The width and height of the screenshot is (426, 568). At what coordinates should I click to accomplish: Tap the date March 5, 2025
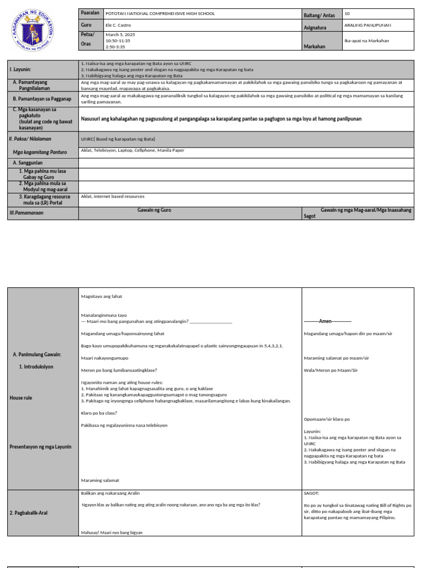(x=120, y=34)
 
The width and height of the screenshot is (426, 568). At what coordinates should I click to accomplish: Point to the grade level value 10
(x=347, y=13)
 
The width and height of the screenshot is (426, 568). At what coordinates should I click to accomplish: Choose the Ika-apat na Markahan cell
(x=367, y=40)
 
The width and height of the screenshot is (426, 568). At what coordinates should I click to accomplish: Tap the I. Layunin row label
(x=21, y=69)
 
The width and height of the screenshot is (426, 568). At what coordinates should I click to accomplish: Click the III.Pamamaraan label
(x=26, y=212)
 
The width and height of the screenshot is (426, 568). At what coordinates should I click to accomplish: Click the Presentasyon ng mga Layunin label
(x=40, y=447)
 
